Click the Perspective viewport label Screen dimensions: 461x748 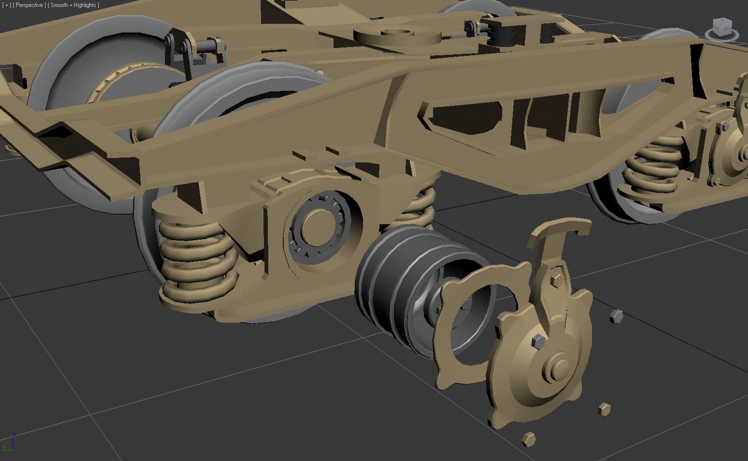coord(29,5)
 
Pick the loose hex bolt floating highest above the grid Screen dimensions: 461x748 coord(616,316)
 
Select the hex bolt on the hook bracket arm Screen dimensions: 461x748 coord(557,280)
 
